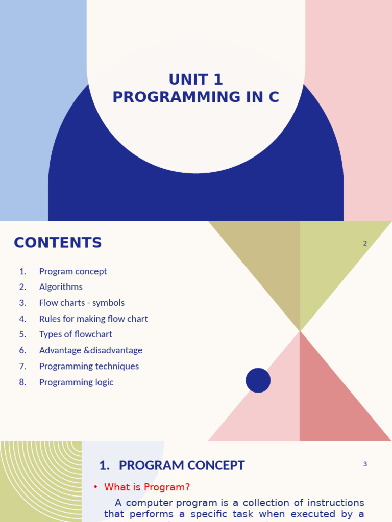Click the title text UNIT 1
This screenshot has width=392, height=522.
196,80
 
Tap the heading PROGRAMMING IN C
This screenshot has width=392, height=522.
196,97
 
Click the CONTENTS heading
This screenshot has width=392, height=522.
58,243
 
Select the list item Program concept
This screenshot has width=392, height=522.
73,271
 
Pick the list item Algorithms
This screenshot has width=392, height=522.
61,287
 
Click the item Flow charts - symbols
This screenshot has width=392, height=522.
82,303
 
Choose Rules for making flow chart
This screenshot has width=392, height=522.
93,319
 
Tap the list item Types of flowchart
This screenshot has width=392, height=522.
76,334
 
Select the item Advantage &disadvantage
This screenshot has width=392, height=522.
91,350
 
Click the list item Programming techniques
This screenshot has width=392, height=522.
89,366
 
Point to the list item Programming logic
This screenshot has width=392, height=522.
76,382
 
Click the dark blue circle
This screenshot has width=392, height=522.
258,380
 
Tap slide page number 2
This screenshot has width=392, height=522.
365,243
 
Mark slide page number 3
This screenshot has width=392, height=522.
365,464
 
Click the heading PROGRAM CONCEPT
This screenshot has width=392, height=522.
182,465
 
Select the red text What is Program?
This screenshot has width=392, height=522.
147,487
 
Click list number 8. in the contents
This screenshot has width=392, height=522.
22,382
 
